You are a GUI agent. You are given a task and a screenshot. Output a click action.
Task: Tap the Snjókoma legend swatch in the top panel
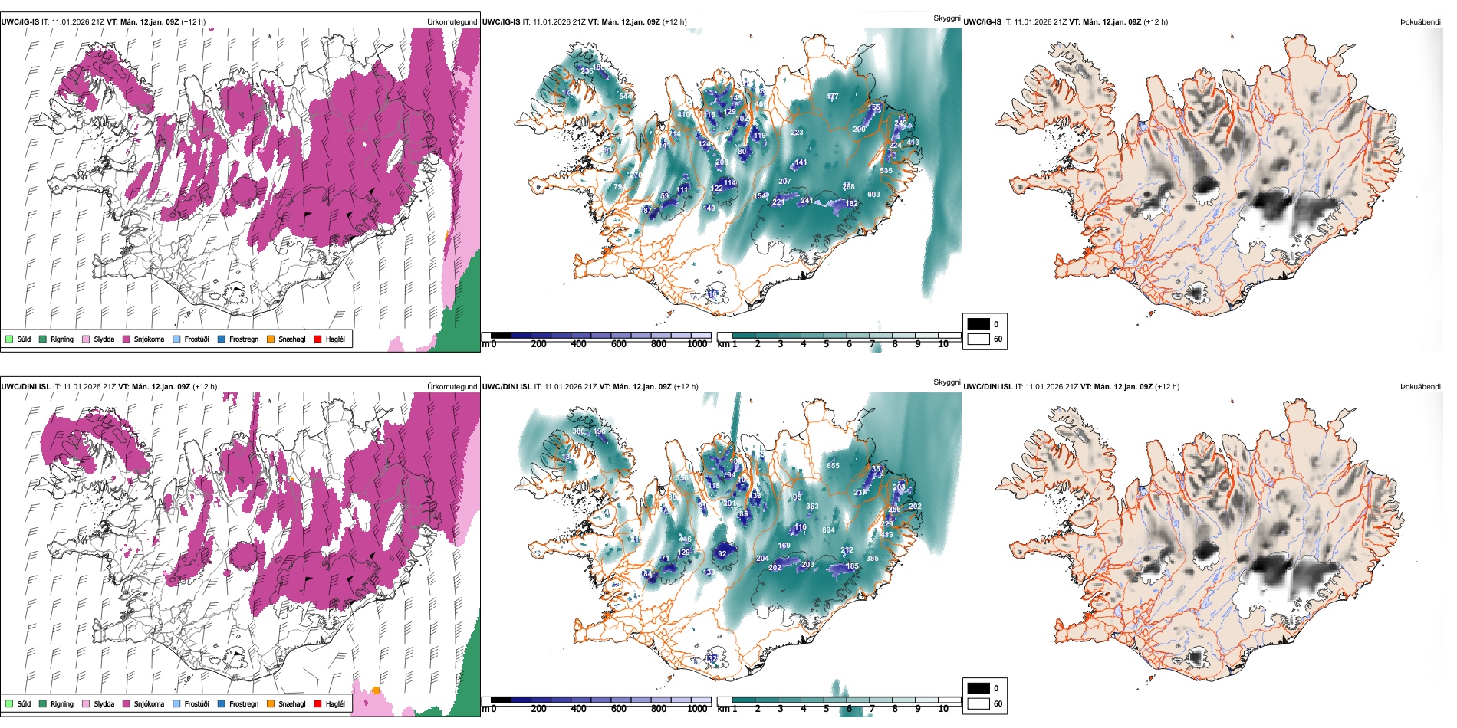coord(127,339)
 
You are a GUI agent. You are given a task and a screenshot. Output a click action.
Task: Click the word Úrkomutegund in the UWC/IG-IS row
coord(452,22)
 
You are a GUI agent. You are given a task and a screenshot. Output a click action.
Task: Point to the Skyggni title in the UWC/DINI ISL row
coord(946,382)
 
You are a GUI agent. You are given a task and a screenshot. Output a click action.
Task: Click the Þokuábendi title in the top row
coord(1420,22)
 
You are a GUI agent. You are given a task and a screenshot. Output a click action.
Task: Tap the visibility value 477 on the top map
coord(832,97)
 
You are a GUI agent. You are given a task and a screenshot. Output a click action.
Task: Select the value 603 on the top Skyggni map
coord(873,195)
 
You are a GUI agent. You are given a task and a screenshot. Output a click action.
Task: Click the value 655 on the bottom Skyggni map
coord(833,465)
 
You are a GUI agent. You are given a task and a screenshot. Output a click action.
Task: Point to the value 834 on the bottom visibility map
coord(828,530)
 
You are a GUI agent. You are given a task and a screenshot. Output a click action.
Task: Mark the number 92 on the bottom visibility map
coord(722,553)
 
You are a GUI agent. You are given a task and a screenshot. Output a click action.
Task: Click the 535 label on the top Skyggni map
coord(886,171)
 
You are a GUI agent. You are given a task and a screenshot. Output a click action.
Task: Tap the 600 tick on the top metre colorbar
coord(618,344)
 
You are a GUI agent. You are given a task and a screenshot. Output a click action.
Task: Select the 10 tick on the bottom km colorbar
coord(943,709)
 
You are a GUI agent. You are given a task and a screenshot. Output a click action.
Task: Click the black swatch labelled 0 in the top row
coord(978,324)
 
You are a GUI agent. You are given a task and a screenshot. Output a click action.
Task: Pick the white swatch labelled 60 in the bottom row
coord(978,703)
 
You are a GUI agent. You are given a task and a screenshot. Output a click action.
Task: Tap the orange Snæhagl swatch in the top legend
coord(271,339)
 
